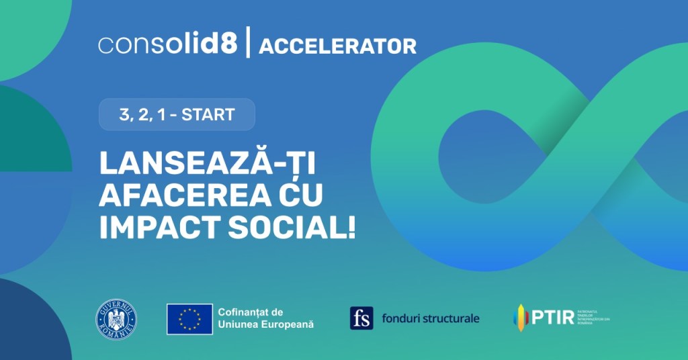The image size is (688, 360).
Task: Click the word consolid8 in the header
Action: coord(167,45)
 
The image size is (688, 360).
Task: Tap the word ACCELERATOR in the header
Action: coord(337,46)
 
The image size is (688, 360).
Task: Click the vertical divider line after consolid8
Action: coord(248,44)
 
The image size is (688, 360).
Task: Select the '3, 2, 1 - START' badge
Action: coord(177,114)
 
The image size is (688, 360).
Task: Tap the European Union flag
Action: coord(189,318)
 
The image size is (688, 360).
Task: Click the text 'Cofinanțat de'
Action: coord(250,312)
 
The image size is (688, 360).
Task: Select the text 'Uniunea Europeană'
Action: coord(265,324)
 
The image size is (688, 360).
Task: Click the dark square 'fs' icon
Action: coord(361,318)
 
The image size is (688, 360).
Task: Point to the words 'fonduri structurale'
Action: coord(430,318)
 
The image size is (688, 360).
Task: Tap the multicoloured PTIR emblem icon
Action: coord(520,317)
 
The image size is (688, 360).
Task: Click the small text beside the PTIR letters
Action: coord(592,317)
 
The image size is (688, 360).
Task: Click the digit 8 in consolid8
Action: coord(229,45)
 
